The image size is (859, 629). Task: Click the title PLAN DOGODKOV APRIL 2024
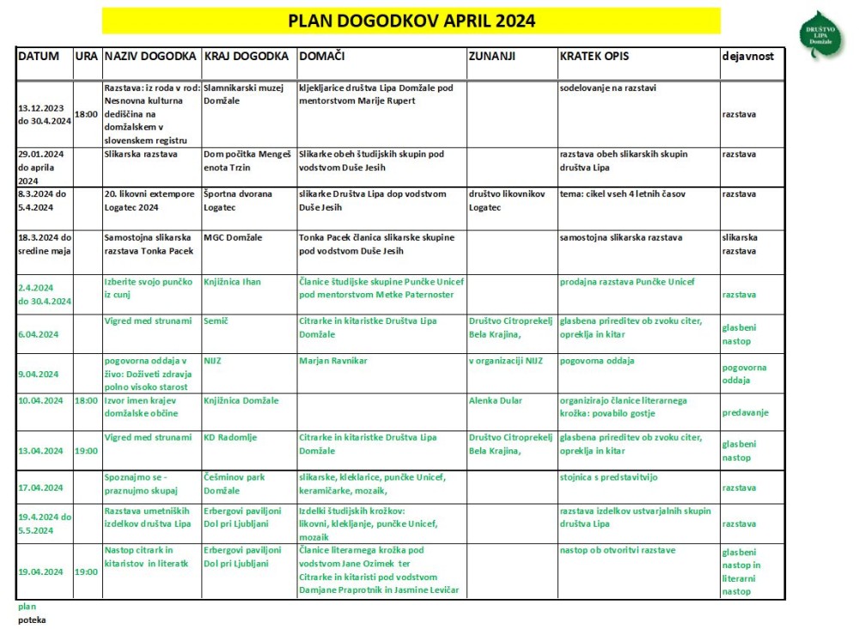[x=411, y=21]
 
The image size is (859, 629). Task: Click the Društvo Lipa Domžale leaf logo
[x=822, y=35]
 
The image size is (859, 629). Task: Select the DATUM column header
[x=39, y=56]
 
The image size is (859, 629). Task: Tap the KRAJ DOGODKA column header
[x=246, y=56]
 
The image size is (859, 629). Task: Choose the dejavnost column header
[x=748, y=56]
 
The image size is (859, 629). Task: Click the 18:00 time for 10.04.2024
[x=86, y=400]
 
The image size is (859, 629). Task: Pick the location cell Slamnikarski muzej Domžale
[x=244, y=94]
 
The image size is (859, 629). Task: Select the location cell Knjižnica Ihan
[x=232, y=282]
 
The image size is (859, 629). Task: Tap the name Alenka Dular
[x=497, y=400]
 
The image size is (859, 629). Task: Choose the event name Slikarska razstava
[x=140, y=155]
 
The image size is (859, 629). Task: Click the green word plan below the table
[x=27, y=606]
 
